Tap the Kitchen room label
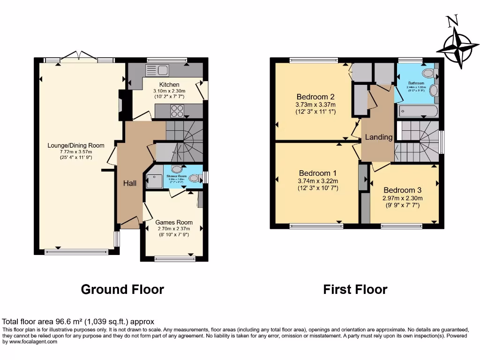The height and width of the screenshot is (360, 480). [x=169, y=85]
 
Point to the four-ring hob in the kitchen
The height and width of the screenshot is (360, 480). [x=177, y=111]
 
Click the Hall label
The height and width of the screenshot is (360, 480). [x=130, y=183]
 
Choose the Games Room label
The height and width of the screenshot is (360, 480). [x=174, y=222]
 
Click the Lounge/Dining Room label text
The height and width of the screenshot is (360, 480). [x=76, y=145]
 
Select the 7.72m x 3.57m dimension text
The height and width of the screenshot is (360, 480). [x=76, y=151]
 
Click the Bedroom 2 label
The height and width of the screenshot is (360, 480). [x=315, y=97]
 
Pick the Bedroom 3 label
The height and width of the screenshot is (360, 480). [x=402, y=190]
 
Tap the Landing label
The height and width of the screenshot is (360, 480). [x=379, y=137]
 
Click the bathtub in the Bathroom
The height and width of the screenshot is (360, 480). [x=418, y=111]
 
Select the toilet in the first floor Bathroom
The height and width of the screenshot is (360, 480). [x=428, y=73]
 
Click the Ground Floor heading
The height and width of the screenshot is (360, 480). [x=122, y=289]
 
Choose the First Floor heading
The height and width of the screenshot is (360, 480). [x=355, y=289]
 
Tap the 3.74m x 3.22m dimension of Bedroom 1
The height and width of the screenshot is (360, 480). [x=318, y=181]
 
